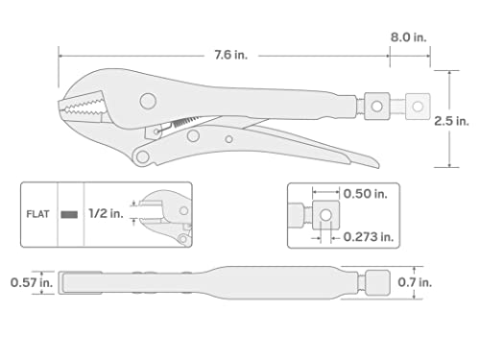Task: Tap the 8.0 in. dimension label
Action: pyautogui.click(x=408, y=36)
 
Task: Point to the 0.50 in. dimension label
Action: pyautogui.click(x=364, y=192)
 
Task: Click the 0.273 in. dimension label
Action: pyautogui.click(x=367, y=235)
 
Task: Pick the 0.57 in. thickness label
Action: pyautogui.click(x=27, y=282)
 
